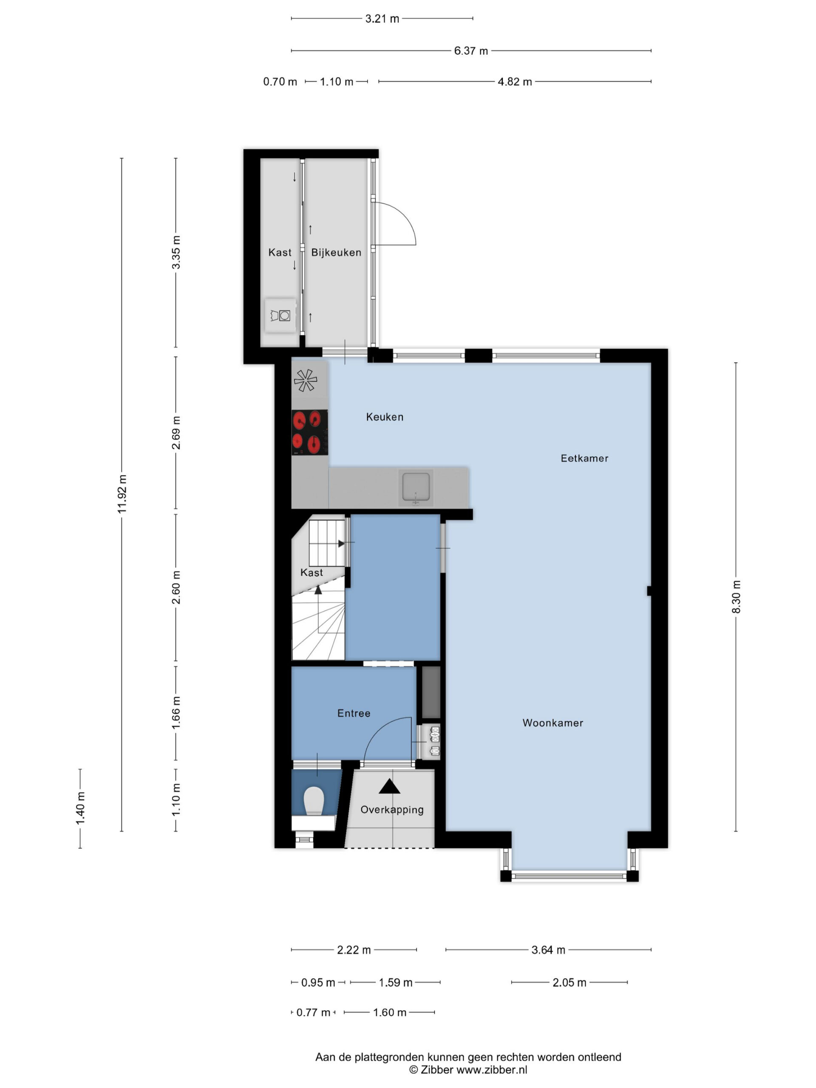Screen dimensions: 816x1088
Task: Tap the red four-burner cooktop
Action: (309, 432)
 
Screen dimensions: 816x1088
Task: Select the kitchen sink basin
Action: (416, 487)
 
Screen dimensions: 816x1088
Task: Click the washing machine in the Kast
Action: (280, 315)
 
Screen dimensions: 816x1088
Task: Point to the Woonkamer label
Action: (552, 722)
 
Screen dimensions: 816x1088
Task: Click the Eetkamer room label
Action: (584, 458)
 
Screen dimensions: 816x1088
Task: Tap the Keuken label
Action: (385, 416)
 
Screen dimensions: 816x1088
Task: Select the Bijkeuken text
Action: (336, 252)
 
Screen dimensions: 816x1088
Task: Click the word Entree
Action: (354, 713)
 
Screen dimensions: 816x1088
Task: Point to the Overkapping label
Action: (392, 810)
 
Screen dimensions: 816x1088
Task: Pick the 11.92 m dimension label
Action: (122, 494)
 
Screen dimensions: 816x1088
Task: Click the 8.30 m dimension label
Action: (736, 597)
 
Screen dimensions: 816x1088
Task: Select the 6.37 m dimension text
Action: (471, 51)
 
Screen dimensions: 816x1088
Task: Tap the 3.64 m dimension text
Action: (548, 950)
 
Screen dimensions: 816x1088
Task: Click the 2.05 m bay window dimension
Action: (569, 982)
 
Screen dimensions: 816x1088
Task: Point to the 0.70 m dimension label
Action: (280, 82)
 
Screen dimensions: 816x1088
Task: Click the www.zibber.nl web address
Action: (492, 1069)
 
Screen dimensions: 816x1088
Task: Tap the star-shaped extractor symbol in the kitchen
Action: (306, 380)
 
